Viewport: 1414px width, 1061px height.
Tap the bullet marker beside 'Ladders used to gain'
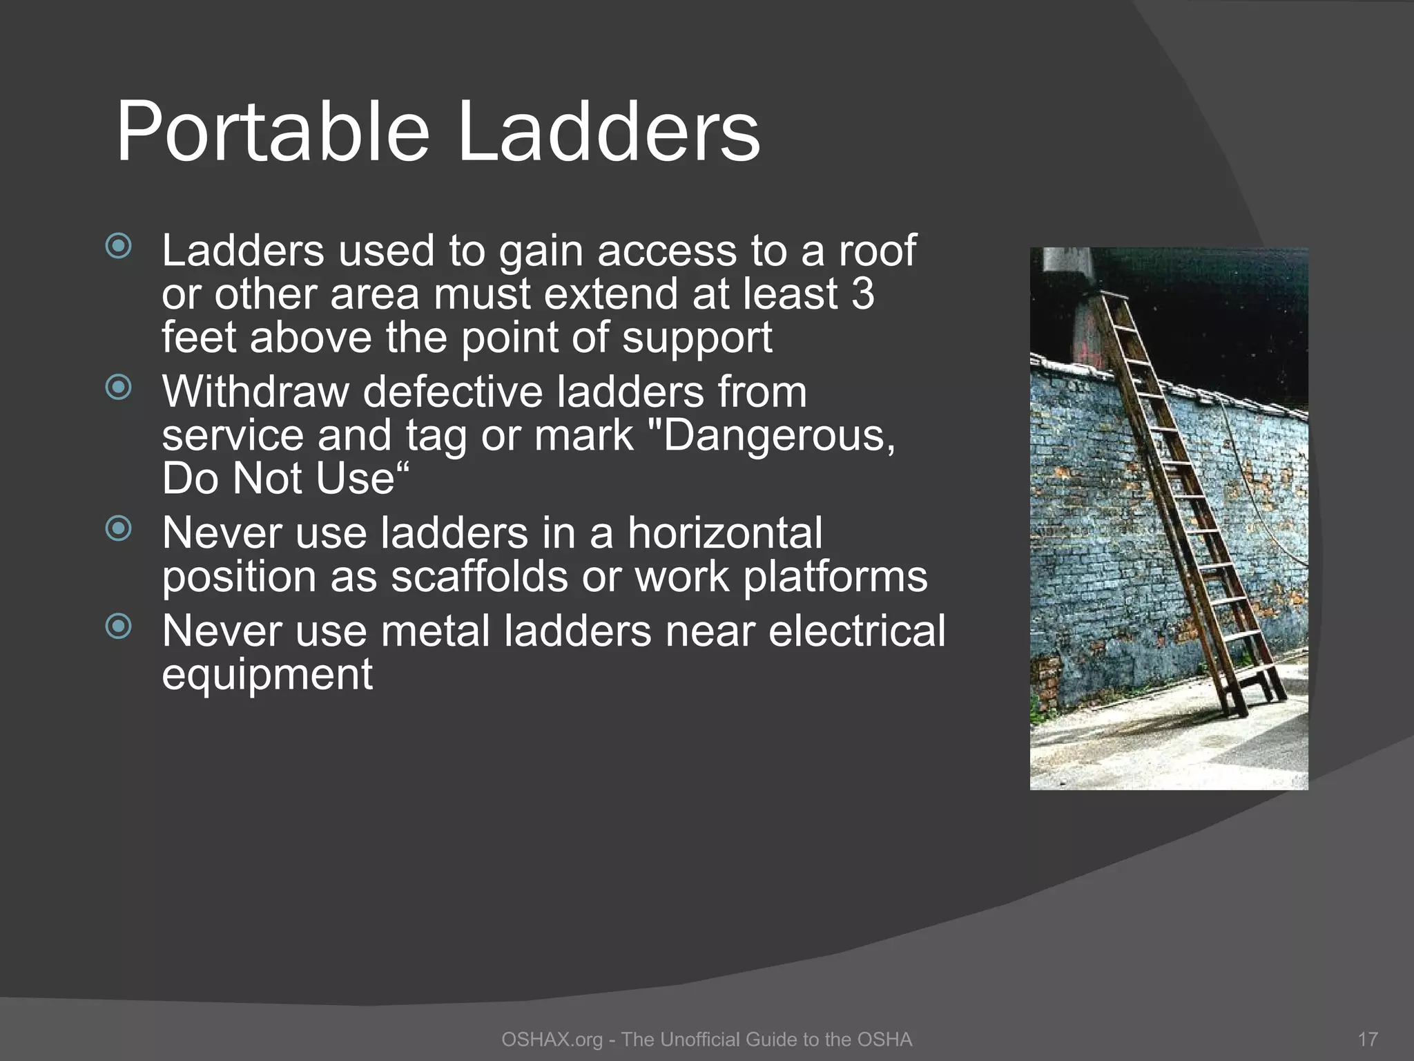[119, 247]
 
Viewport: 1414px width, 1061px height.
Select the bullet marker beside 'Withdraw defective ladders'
[119, 388]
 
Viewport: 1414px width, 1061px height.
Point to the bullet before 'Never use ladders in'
[119, 529]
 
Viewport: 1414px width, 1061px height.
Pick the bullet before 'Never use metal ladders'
[119, 627]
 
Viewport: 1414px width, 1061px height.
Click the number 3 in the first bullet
[862, 294]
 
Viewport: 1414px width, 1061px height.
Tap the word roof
[877, 250]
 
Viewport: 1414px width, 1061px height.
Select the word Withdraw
[255, 392]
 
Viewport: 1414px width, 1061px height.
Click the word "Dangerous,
[779, 435]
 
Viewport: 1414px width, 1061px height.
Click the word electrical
[856, 631]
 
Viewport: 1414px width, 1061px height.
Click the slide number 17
[1367, 1040]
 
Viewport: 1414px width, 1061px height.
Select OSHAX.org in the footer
[552, 1040]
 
